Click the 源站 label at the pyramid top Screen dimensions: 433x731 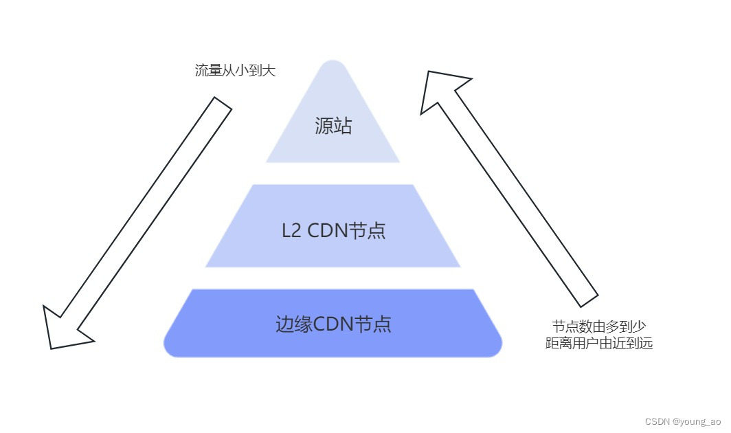(333, 126)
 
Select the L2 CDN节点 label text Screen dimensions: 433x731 (333, 230)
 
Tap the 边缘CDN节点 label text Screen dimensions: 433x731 (333, 324)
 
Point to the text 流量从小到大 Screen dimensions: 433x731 (235, 70)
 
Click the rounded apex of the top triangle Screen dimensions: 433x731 (333, 65)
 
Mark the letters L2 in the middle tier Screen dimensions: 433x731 (291, 230)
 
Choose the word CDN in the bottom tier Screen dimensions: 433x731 (333, 324)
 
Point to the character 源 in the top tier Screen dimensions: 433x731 (324, 126)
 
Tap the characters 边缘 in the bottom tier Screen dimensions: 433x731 (294, 324)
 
